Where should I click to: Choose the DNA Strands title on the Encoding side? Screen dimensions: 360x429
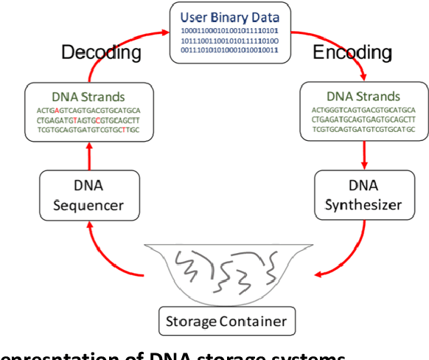tap(363, 97)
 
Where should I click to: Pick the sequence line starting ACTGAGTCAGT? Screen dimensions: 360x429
tap(88, 110)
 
